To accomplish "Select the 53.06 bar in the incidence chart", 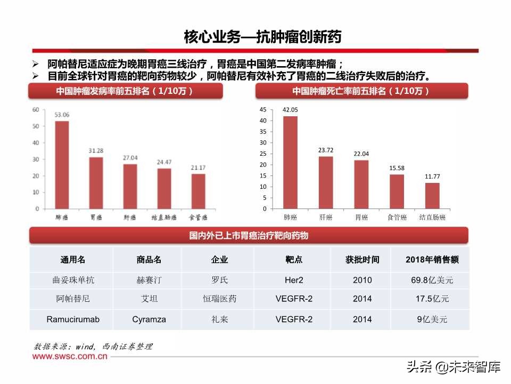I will (62, 165).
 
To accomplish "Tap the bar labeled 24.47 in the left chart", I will (164, 189).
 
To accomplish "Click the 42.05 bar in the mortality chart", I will (290, 162).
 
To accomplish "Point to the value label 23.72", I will (325, 150).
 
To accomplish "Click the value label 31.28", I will (96, 151).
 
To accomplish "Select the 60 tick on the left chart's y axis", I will (36, 110).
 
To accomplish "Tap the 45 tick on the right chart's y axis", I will (263, 109).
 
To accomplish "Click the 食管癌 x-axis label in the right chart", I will (397, 218).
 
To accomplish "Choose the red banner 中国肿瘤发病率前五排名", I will (125, 91).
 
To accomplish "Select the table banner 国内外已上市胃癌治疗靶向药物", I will (249, 235).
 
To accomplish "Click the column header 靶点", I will (293, 260).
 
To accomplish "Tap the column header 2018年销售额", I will (432, 260).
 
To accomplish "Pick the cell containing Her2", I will (293, 280).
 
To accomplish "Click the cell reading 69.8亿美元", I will (432, 280).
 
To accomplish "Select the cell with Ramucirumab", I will (72, 319).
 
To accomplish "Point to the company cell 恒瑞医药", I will (220, 299).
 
